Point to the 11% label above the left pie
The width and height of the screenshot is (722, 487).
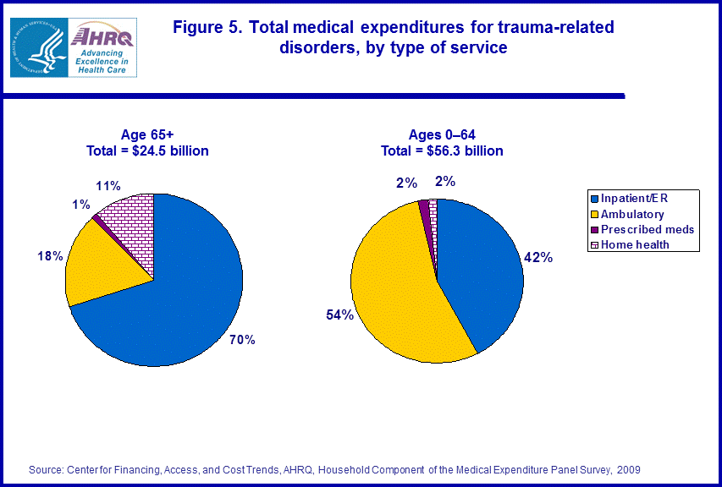coord(107,185)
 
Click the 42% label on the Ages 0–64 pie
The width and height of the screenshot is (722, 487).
coord(539,257)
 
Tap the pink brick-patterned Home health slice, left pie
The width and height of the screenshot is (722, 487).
coord(131,220)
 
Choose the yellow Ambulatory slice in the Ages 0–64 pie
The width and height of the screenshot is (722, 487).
coord(398,287)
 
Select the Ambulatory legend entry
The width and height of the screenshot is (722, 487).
coord(632,215)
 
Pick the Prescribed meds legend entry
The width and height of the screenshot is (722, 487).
coord(647,229)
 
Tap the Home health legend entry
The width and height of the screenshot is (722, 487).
coord(635,244)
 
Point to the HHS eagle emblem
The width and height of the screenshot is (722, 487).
coord(39,47)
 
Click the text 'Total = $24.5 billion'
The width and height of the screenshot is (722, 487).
coord(147,151)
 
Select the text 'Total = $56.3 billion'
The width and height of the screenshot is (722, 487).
coord(442,151)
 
